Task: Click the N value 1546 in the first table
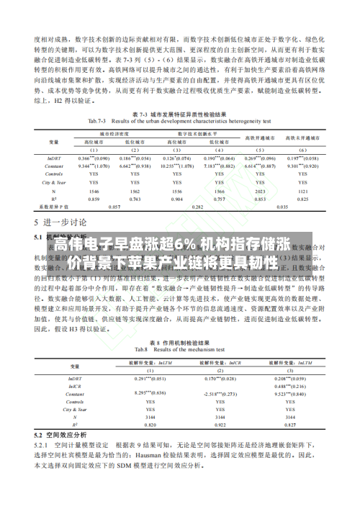pyautogui.click(x=94, y=192)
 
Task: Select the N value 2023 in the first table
pyautogui.click(x=261, y=192)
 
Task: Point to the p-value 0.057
pyautogui.click(x=114, y=207)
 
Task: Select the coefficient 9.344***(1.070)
pyautogui.click(x=94, y=166)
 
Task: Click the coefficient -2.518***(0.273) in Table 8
pyautogui.click(x=220, y=394)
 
